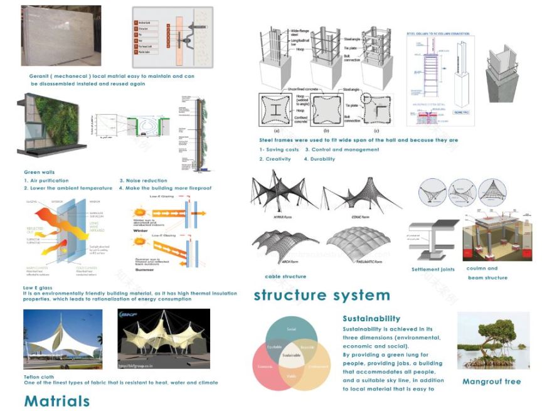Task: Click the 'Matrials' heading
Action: point(56,400)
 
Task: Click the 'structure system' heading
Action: point(321,295)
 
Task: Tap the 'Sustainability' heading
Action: point(371,319)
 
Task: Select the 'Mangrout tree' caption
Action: point(491,382)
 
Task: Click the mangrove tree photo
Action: point(493,340)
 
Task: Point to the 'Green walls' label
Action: point(39,172)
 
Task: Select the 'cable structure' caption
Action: point(285,276)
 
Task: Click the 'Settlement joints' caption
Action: point(433,270)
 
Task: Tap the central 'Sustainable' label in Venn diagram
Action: point(290,356)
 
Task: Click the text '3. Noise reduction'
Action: point(143,181)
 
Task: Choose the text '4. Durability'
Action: point(319,159)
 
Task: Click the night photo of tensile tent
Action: point(163,339)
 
